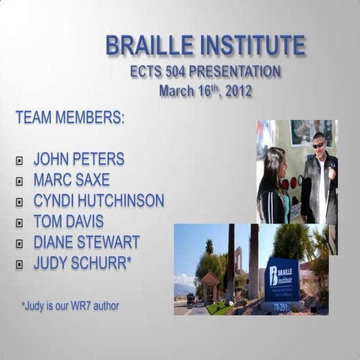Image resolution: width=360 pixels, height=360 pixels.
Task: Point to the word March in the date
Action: (178, 91)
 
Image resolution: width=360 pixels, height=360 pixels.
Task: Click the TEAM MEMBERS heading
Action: (70, 118)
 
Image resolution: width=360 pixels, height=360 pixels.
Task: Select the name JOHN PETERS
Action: (79, 159)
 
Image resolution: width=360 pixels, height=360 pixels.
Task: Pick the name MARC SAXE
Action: (71, 180)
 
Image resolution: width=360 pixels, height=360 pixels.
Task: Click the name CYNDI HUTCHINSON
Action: (98, 201)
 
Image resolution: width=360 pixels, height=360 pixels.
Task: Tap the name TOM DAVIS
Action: (68, 221)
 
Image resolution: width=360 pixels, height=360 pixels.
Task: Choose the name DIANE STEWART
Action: (86, 242)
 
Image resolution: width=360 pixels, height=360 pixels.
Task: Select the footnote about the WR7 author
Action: (70, 306)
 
